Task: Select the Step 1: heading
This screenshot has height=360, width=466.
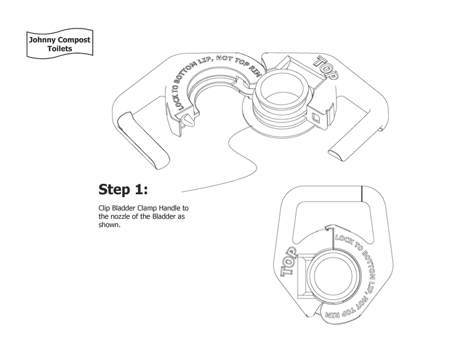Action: pos(123,190)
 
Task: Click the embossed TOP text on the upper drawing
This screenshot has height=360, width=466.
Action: pos(326,67)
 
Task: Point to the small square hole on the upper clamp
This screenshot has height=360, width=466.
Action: pos(315,117)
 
